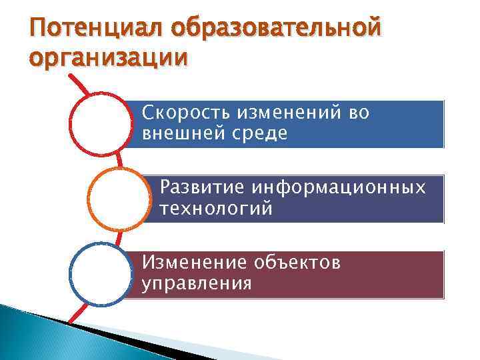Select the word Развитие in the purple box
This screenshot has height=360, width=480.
(199, 189)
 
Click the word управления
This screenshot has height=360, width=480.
(197, 284)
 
